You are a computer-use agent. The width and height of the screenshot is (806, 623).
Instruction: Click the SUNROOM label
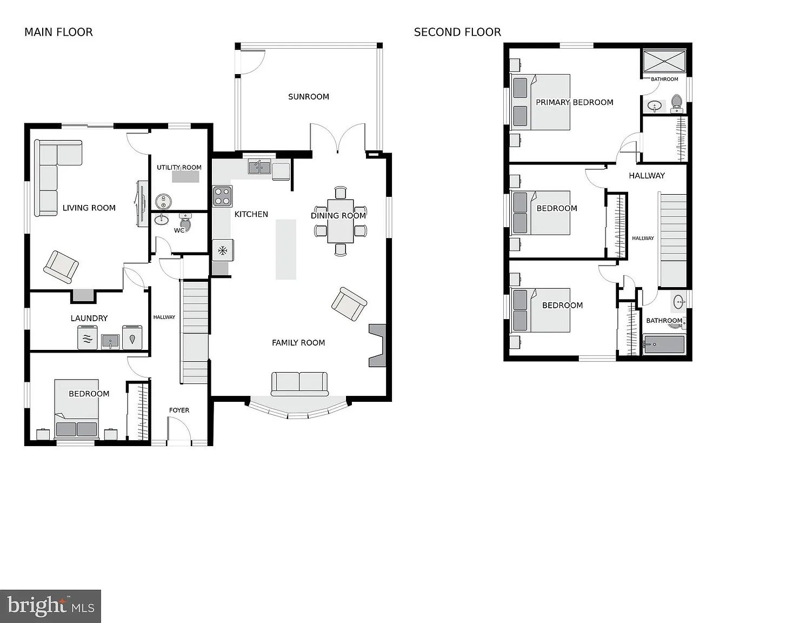tap(309, 97)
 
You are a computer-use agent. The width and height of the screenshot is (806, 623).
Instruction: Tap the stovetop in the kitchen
tap(222, 196)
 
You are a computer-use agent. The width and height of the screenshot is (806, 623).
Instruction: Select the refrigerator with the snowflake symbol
tap(223, 250)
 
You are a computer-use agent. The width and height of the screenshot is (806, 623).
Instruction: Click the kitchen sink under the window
tap(259, 167)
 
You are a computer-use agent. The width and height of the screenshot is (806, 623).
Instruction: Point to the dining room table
tap(341, 221)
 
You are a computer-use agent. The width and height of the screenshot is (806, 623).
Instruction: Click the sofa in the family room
tap(299, 383)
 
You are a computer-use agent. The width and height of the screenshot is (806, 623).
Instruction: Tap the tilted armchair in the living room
tap(61, 267)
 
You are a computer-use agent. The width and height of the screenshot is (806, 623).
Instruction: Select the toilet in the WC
tap(185, 222)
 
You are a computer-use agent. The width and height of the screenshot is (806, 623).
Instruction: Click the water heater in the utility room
tap(163, 202)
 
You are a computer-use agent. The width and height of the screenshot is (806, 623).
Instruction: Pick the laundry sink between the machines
tap(110, 341)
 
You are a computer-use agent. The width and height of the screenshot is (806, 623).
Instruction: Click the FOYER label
tap(179, 410)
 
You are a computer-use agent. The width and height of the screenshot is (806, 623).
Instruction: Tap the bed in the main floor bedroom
tap(77, 408)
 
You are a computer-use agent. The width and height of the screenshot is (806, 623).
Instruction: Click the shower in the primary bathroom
tap(664, 61)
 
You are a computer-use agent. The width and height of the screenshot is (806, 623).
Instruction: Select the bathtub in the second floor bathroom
tap(664, 345)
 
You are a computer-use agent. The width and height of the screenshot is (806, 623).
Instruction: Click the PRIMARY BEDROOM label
tap(575, 102)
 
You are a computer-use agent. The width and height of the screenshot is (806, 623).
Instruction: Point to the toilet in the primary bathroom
tap(677, 103)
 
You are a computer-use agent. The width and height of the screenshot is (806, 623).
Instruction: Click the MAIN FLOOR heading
tap(58, 32)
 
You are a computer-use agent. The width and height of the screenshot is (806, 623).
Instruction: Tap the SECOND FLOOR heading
tap(457, 32)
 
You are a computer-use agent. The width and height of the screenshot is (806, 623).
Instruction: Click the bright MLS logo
tap(50, 606)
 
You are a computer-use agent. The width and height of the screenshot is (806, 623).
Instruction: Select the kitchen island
tap(286, 249)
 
